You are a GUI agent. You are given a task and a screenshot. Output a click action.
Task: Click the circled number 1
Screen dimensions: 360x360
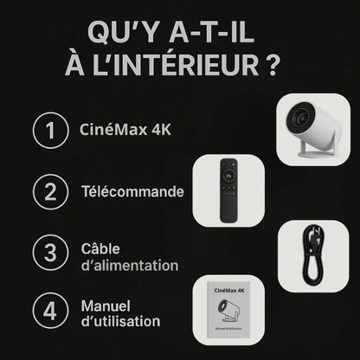(50, 132)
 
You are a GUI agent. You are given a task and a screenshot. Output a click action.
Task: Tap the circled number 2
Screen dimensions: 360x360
(50, 191)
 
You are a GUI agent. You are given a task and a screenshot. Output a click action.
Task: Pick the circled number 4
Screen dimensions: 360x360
(50, 312)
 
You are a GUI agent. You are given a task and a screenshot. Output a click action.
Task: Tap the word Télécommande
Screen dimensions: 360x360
(132, 191)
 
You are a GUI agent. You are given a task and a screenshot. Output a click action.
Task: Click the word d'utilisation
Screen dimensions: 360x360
(119, 322)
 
